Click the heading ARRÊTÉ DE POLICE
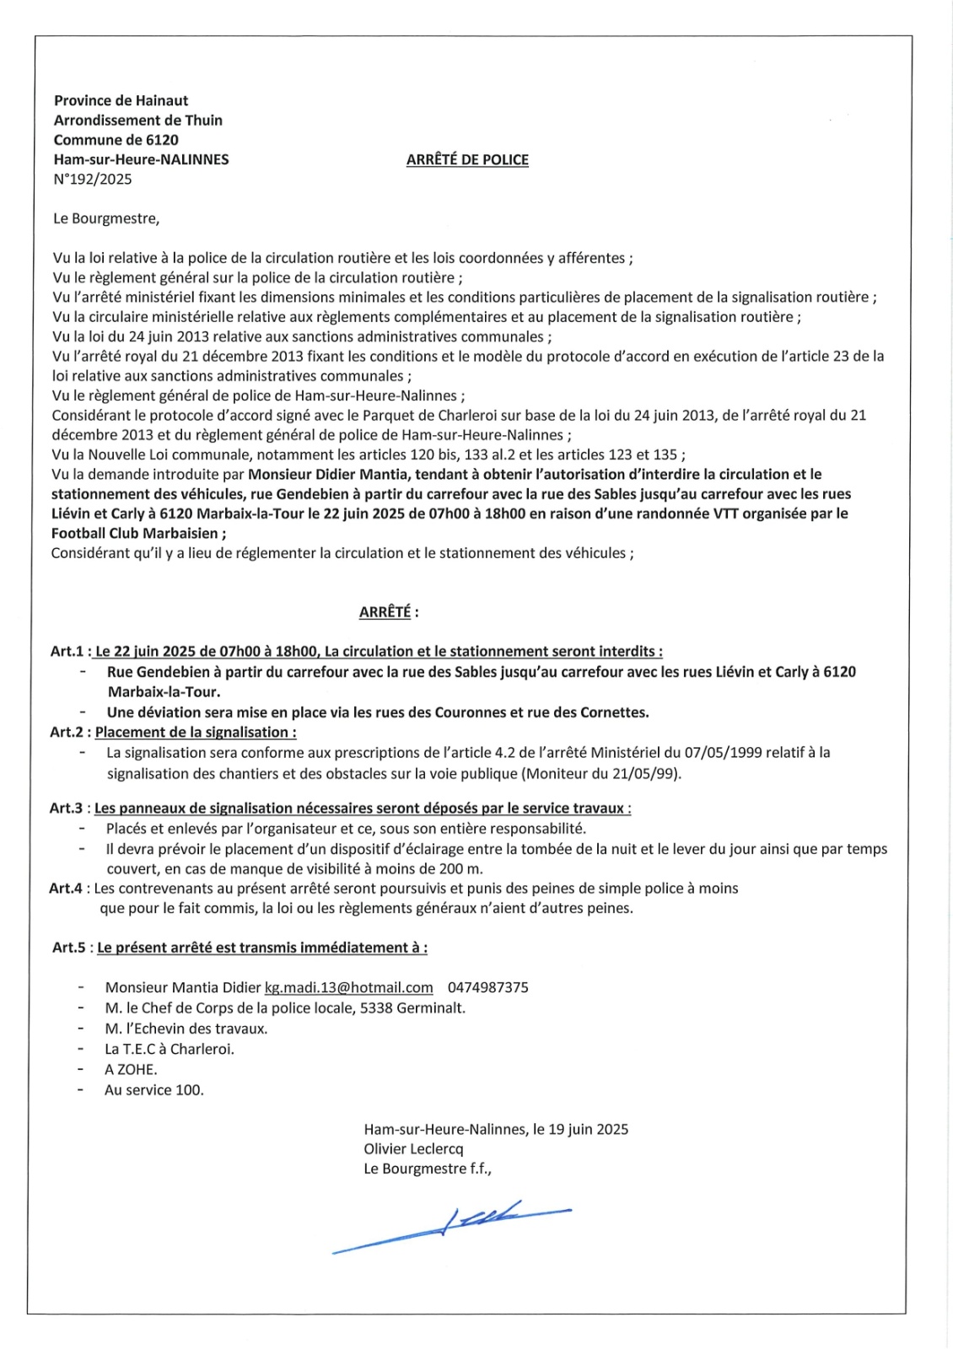coord(467,159)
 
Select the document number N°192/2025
coord(93,179)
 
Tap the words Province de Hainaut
coord(121,100)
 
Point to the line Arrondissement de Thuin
coord(138,120)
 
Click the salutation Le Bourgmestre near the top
coord(105,218)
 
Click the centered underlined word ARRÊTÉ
coord(385,612)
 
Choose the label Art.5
coord(69,947)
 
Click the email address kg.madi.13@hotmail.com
coord(348,987)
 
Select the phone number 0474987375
coord(488,987)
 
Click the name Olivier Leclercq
coord(413,1148)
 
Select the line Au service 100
coord(154,1089)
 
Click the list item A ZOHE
coord(131,1069)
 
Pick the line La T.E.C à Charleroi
coord(170,1049)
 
